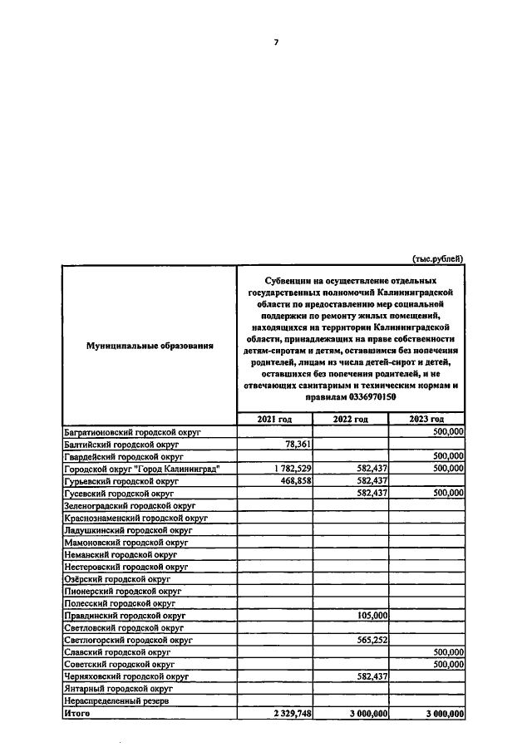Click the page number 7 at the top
tap(276, 42)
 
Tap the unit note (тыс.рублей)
tap(437, 258)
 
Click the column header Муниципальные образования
tap(139, 345)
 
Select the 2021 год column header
tap(274, 419)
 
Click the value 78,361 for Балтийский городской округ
tap(292, 445)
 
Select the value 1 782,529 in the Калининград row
tap(284, 469)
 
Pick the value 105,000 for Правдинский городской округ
tap(368, 616)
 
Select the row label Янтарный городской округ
tap(119, 689)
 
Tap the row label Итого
tap(77, 713)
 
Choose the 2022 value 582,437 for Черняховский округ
tap(368, 676)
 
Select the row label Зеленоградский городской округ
tap(130, 505)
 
